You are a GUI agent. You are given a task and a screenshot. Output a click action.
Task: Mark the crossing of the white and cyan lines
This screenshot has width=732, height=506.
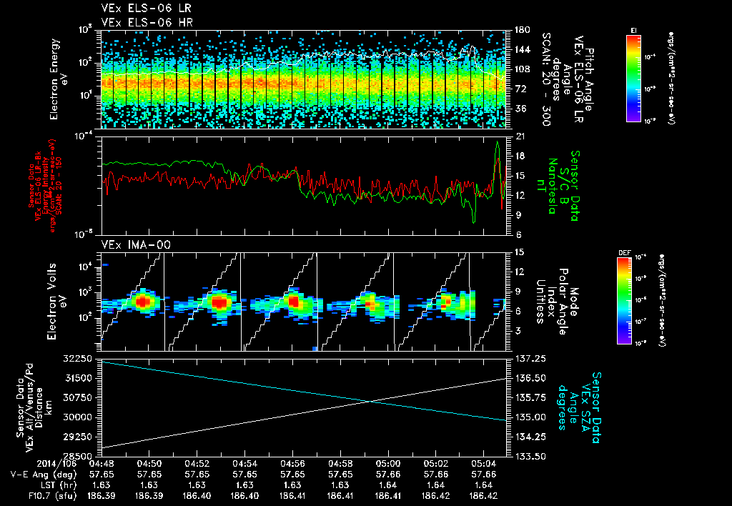pyautogui.click(x=369, y=401)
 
